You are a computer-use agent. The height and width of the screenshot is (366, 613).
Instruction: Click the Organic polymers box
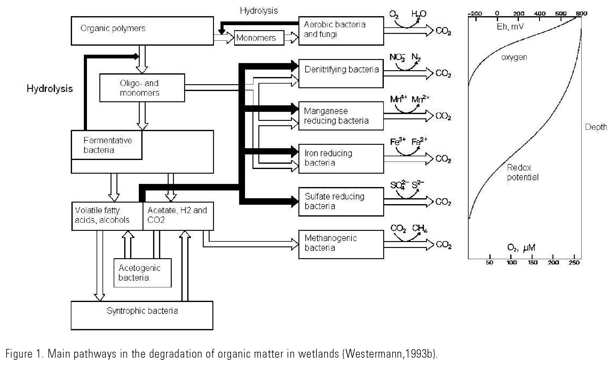[142, 31]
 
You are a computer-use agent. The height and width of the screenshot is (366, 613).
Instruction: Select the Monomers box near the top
[259, 38]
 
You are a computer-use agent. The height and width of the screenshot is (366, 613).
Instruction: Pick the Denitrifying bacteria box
[341, 73]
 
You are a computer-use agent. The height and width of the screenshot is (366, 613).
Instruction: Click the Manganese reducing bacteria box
[341, 116]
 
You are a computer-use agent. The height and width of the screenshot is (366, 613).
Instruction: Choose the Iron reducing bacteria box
[341, 158]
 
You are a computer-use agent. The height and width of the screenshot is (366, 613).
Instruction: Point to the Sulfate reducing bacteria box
[341, 201]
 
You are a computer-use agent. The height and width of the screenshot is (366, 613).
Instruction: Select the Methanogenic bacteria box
[341, 244]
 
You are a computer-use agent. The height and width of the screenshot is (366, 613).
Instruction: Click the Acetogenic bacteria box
[143, 273]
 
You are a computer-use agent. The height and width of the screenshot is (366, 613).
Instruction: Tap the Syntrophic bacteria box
[142, 315]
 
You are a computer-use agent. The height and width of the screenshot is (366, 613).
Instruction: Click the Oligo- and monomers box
[142, 88]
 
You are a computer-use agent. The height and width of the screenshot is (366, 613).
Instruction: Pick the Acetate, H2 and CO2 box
[178, 216]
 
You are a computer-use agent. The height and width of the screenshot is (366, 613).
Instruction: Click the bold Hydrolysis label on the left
[50, 89]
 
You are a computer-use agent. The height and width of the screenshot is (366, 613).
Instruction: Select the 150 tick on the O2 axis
[533, 262]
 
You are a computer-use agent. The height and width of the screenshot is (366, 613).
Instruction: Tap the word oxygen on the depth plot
[514, 57]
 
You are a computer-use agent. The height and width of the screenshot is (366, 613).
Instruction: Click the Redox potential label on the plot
[522, 172]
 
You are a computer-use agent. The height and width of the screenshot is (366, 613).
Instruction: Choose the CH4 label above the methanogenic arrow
[420, 228]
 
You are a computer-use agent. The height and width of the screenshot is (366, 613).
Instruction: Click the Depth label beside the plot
[596, 127]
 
